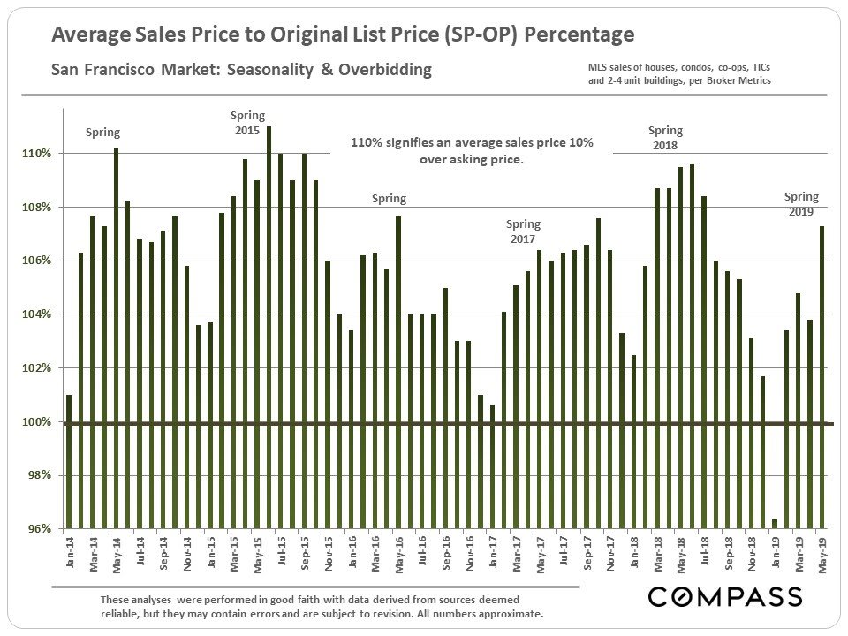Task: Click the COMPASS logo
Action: (724, 597)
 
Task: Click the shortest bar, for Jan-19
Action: (775, 524)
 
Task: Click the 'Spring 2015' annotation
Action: (247, 123)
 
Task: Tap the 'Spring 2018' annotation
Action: (665, 139)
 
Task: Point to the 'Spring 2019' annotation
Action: (801, 204)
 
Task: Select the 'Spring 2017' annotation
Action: (523, 231)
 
